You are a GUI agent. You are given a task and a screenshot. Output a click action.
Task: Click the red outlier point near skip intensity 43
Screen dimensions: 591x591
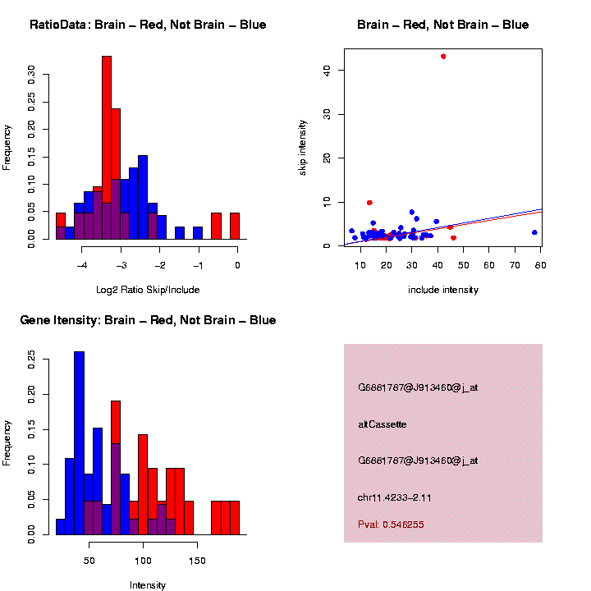tap(443, 57)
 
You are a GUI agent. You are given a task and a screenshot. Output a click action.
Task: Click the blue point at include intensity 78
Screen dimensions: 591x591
tap(534, 232)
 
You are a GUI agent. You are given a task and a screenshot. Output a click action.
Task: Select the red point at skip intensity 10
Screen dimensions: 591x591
tap(369, 202)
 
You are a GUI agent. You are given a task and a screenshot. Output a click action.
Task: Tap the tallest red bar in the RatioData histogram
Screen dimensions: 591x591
tap(107, 148)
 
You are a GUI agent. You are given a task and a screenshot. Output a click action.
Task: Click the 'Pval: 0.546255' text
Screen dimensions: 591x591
tap(391, 525)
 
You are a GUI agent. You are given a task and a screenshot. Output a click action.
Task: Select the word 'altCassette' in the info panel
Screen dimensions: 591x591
tap(383, 424)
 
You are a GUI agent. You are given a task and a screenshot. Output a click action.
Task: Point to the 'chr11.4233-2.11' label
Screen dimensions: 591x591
tap(395, 497)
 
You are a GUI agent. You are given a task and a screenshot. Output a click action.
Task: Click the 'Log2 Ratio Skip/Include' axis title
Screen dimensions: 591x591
tap(148, 290)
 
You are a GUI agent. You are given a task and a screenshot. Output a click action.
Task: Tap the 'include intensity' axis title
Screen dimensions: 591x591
tap(443, 290)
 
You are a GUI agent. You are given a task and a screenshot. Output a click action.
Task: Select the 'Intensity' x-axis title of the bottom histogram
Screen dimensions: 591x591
tap(148, 585)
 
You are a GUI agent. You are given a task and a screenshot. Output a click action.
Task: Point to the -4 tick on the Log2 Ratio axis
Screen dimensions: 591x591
tap(82, 265)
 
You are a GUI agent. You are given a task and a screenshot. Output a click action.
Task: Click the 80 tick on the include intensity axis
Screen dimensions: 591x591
tap(541, 265)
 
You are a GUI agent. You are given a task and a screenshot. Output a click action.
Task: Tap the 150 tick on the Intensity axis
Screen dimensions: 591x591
tap(197, 561)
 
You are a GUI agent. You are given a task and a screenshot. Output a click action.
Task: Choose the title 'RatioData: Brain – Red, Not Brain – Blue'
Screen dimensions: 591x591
tap(148, 25)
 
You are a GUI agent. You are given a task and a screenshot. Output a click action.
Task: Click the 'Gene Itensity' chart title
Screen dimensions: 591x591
tap(148, 320)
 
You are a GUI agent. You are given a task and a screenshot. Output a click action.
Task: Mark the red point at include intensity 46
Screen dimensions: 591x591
tap(454, 238)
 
